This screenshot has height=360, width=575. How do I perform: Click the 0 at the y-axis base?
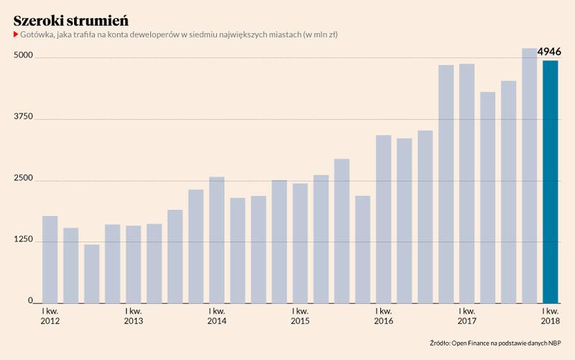click(30, 301)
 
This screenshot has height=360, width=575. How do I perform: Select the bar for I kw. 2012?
click(50, 259)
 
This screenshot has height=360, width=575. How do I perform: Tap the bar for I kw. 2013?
click(133, 264)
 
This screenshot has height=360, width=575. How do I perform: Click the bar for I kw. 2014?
click(216, 239)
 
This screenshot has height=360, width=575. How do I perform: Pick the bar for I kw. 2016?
click(383, 218)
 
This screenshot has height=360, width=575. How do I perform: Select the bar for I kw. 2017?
click(466, 183)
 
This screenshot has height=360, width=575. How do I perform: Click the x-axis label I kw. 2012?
click(50, 315)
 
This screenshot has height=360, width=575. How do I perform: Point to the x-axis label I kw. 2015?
click(300, 315)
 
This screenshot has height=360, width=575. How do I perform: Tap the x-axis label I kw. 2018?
click(551, 315)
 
